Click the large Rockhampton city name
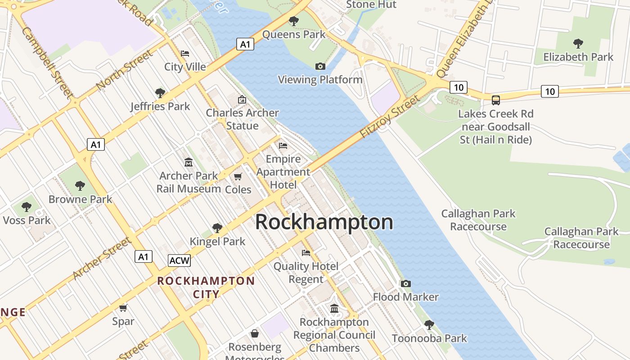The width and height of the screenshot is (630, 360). tap(324, 222)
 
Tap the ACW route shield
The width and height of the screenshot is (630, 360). tap(179, 261)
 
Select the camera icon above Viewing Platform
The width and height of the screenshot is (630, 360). tap(320, 67)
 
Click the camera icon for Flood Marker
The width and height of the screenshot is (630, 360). tap(405, 283)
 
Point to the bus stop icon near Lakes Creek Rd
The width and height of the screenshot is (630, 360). tap(495, 100)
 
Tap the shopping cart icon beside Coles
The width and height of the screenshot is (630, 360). tap(238, 176)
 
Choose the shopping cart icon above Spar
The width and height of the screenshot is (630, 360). tap(123, 308)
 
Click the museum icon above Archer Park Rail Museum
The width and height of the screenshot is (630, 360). tap(189, 162)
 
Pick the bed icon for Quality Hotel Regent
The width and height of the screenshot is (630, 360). tap(306, 253)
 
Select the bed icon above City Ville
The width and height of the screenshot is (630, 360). tap(184, 54)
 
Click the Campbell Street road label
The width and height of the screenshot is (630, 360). tap(46, 63)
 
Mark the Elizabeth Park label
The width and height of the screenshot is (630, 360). tap(578, 57)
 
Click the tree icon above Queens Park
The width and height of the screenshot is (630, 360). tap(293, 21)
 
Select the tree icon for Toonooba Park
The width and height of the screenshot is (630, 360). tap(429, 324)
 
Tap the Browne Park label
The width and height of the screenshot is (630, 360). tap(80, 199)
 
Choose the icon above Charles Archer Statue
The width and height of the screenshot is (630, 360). tap(242, 99)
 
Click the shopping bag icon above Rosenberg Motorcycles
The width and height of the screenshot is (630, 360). tap(255, 333)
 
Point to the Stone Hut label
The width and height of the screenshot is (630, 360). tap(371, 5)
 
